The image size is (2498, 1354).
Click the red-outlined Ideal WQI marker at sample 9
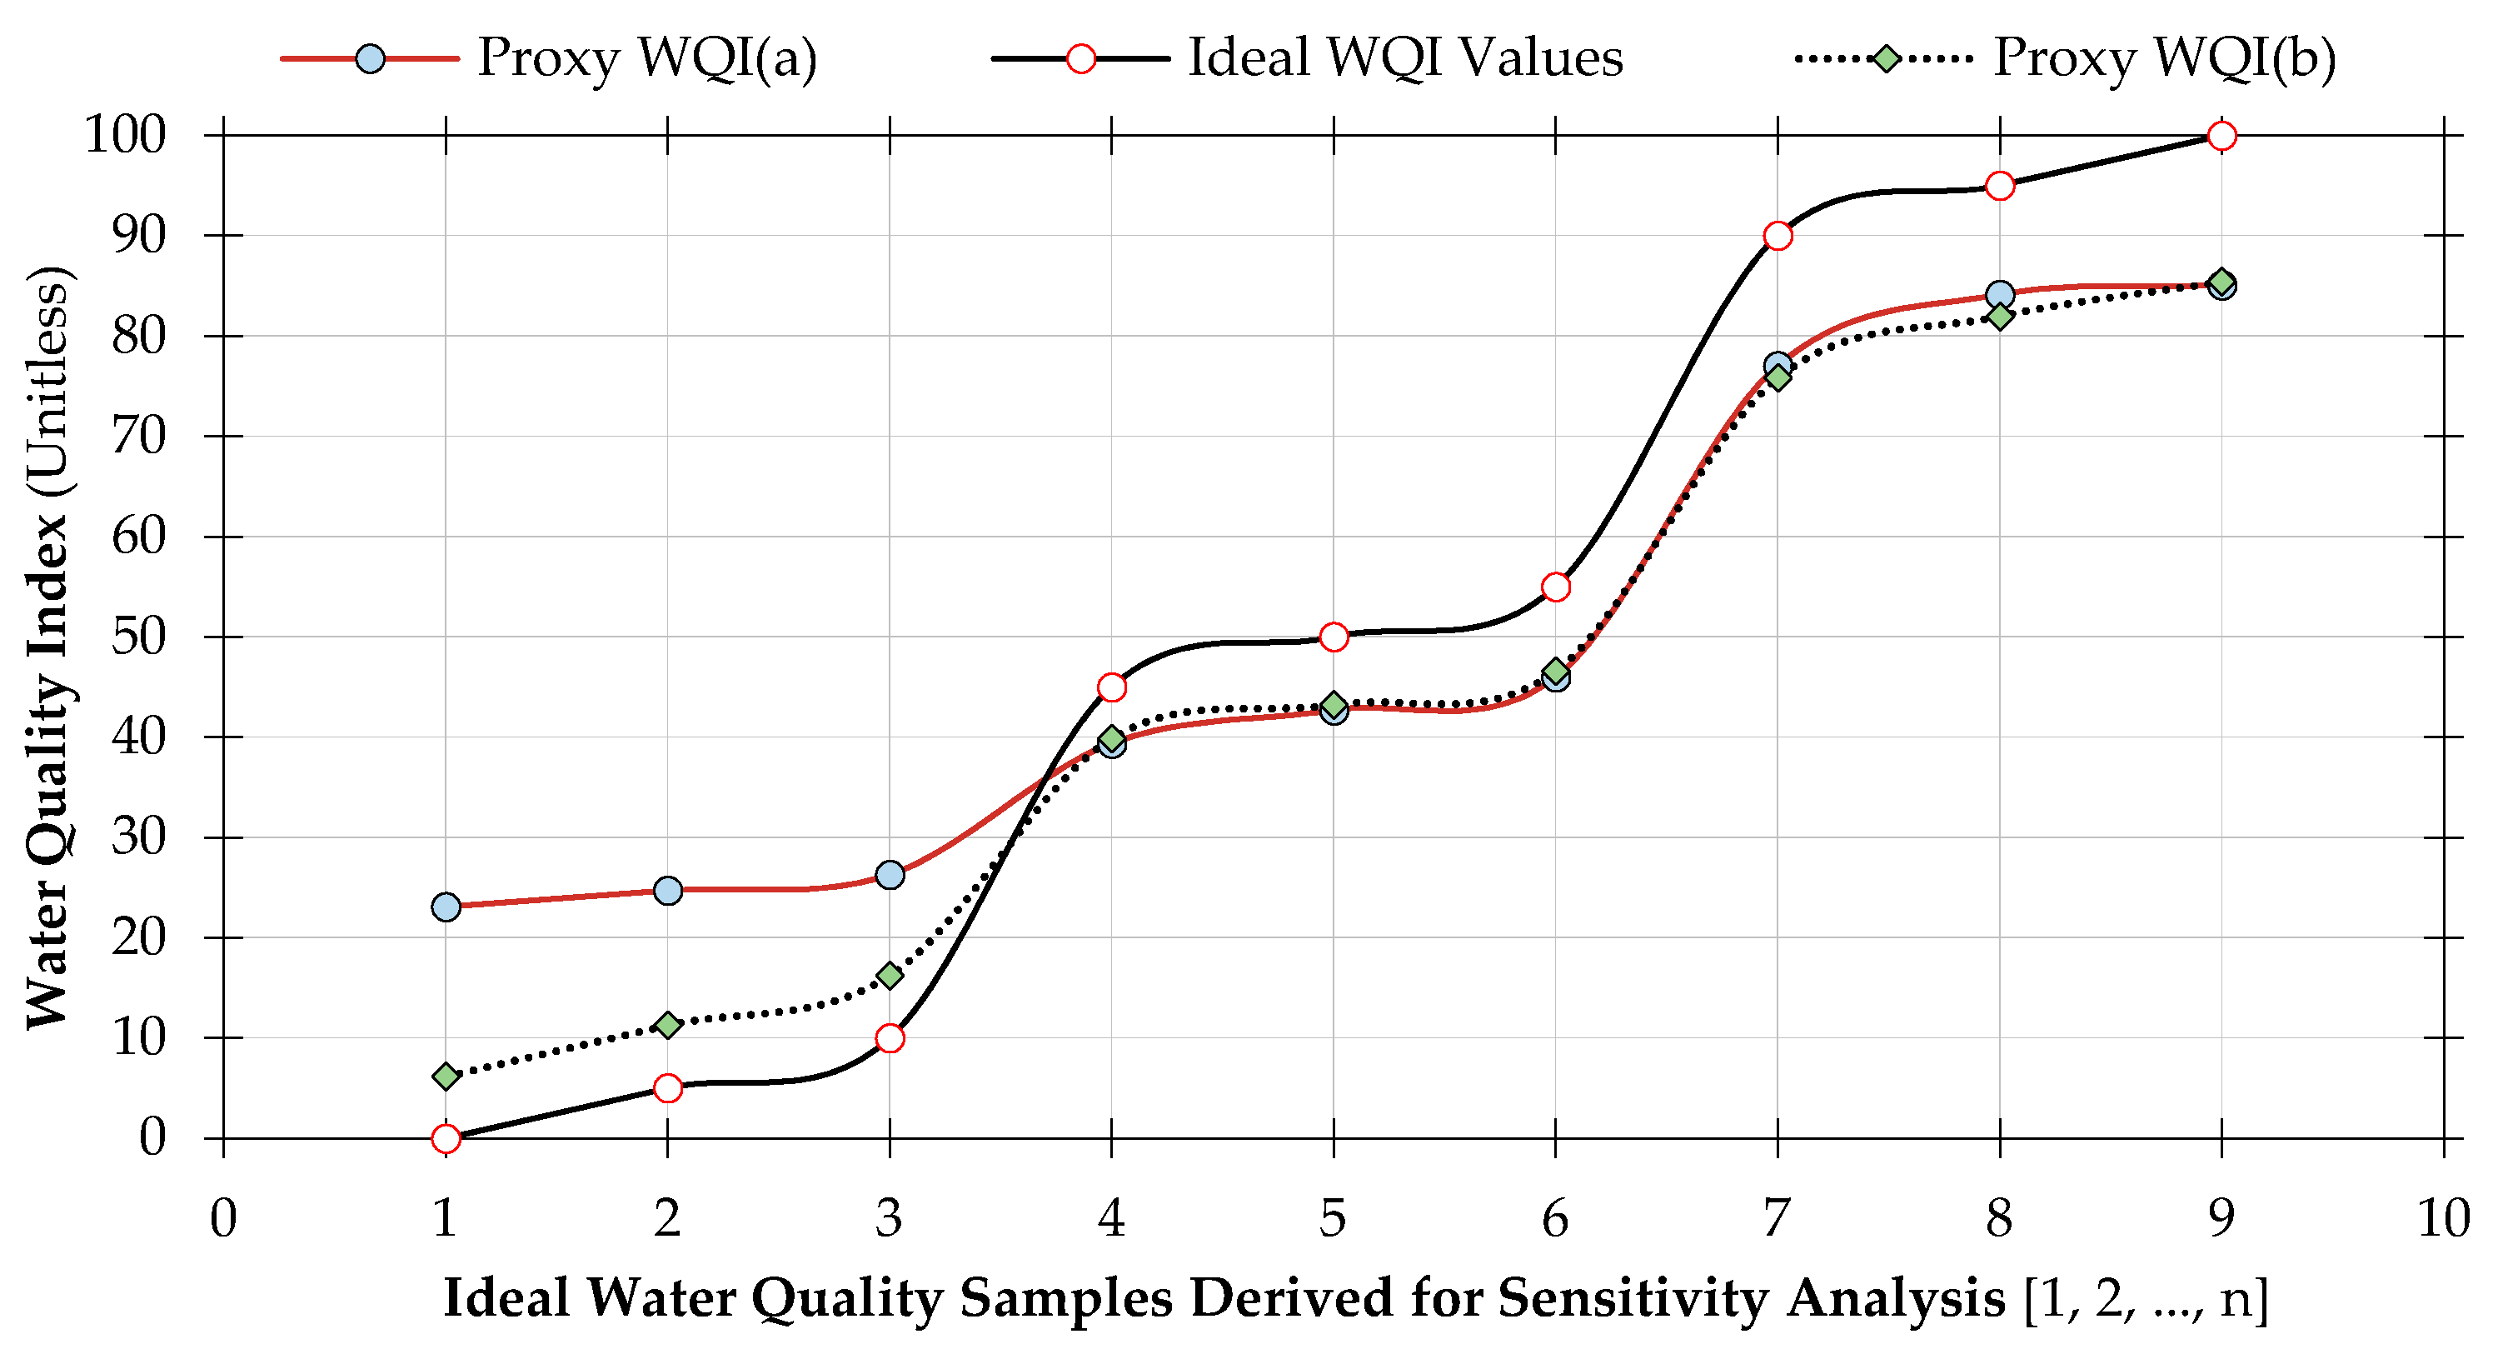tap(2221, 136)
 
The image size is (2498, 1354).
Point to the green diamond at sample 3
tap(890, 976)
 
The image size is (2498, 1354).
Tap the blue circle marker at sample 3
tap(890, 875)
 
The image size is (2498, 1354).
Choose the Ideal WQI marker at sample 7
tap(1778, 236)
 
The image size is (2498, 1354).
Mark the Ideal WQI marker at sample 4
tap(1111, 687)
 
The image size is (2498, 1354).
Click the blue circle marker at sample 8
tap(2000, 295)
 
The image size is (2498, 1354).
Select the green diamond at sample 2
tap(667, 1025)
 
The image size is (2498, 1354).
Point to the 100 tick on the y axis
tap(125, 136)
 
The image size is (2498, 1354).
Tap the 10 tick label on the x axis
tap(2443, 1219)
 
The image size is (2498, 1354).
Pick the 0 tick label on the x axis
tap(223, 1219)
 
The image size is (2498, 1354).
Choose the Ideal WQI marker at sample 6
tap(1555, 587)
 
